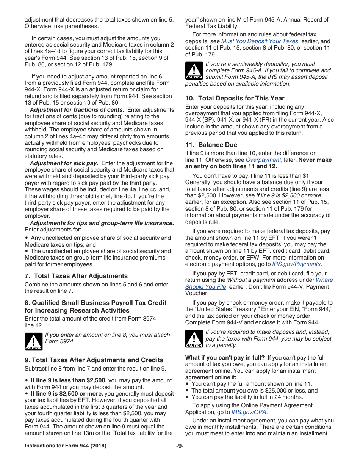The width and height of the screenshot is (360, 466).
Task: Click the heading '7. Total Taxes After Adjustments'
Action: tap(76, 276)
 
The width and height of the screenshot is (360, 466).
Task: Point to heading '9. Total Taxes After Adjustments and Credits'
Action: tap(94, 360)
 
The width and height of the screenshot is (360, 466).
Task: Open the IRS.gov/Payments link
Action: tap(296, 264)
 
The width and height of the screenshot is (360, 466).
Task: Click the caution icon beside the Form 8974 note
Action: tap(33, 341)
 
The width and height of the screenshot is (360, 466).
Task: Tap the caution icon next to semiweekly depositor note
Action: tap(194, 71)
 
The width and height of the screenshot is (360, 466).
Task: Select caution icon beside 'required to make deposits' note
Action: tap(194, 339)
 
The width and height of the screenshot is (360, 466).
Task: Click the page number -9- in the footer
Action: tap(180, 446)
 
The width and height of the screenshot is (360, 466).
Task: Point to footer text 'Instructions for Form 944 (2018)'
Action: tap(66, 446)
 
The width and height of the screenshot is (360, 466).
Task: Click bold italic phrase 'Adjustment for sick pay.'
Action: tap(64, 163)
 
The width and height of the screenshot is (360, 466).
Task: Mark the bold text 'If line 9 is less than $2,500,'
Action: tap(69, 380)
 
